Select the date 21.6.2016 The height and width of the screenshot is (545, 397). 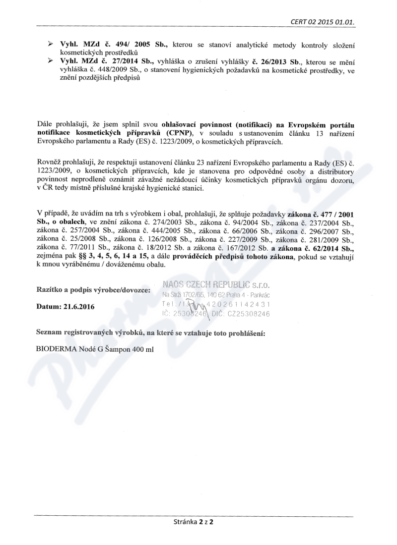pos(81,307)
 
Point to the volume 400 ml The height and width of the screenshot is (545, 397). pos(141,349)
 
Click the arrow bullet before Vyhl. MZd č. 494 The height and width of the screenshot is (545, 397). pos(50,45)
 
